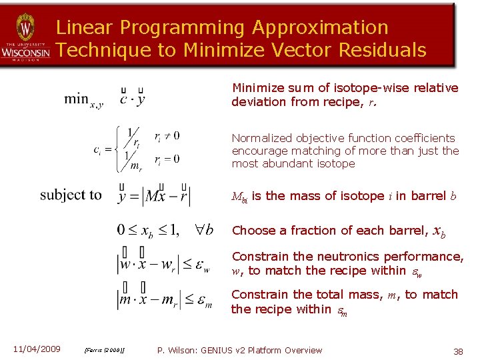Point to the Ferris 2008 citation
(x=106, y=351)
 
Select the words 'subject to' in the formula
(x=71, y=195)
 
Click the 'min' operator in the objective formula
(x=76, y=99)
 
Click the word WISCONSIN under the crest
(x=25, y=51)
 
